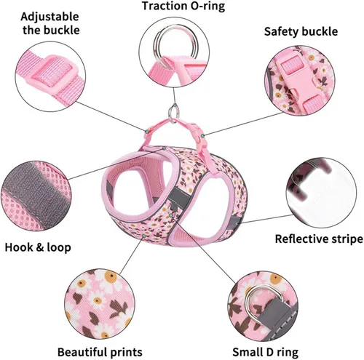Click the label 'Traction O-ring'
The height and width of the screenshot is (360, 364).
click(183, 6)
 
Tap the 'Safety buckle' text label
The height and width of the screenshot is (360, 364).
click(301, 31)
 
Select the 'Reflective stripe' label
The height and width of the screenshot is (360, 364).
click(319, 239)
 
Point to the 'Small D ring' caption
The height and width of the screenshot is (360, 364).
click(265, 352)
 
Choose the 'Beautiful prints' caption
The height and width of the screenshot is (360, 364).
click(100, 352)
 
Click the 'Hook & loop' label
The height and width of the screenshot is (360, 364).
click(38, 247)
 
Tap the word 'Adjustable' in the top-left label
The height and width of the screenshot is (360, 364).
click(50, 17)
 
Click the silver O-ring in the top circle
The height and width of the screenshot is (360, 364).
click(177, 44)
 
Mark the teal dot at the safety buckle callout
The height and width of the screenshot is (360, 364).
click(202, 136)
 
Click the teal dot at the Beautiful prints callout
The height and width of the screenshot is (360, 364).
click(144, 236)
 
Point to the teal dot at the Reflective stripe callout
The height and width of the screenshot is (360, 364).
click(237, 223)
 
